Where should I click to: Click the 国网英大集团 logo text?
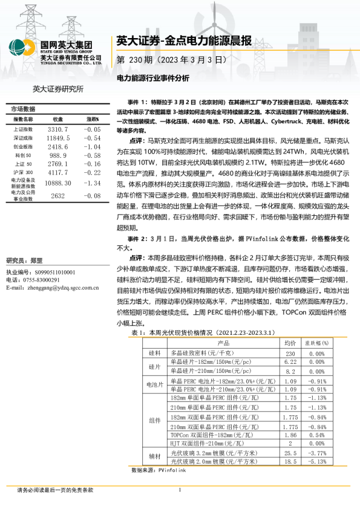tap(66, 44)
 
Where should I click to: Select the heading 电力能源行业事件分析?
tap(152, 78)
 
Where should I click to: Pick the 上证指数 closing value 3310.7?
tap(58, 129)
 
